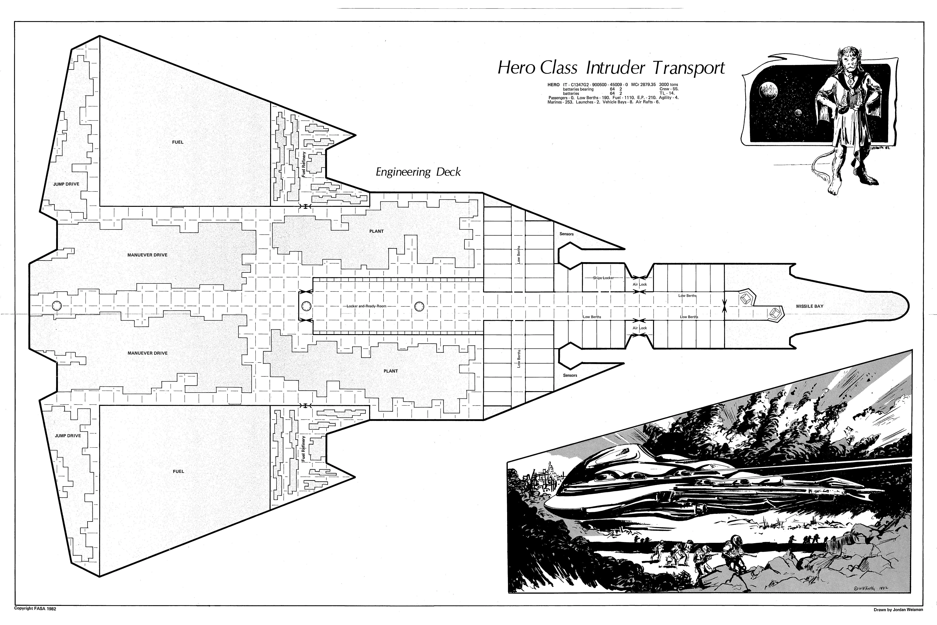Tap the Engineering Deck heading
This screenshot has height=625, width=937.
point(418,172)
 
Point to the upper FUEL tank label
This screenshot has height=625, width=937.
point(178,142)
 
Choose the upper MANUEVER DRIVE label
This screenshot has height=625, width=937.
point(147,255)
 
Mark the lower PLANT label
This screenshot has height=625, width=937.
point(390,371)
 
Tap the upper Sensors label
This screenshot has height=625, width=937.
point(567,234)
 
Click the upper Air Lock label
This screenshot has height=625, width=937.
point(640,285)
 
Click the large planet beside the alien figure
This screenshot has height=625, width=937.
point(768,91)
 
